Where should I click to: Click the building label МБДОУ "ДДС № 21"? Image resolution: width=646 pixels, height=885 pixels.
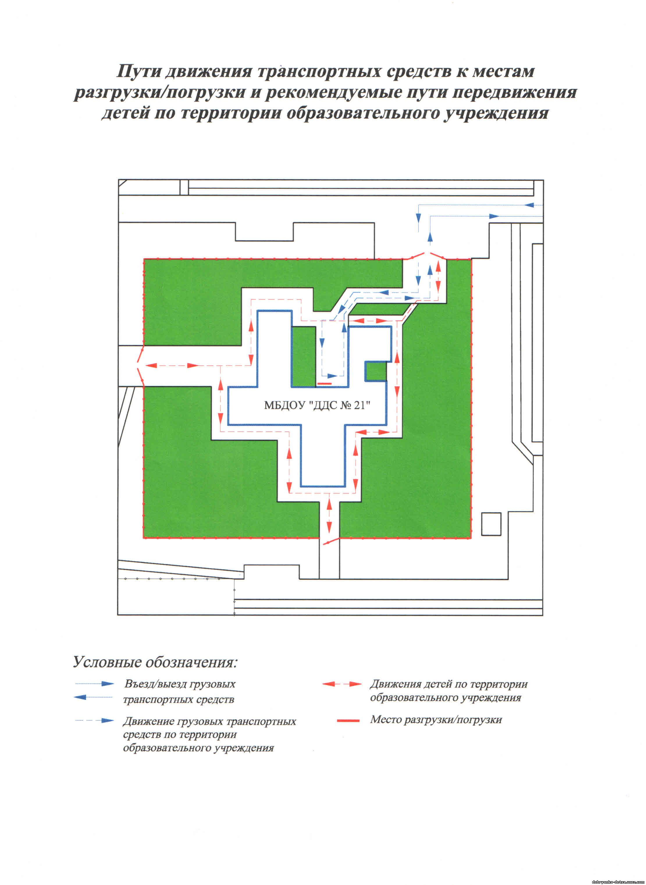[x=317, y=405]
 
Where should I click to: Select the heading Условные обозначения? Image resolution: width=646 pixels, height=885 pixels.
[x=156, y=662]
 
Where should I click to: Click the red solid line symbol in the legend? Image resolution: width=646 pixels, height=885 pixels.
[x=348, y=720]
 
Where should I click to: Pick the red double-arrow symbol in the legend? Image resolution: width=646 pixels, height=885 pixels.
[x=342, y=684]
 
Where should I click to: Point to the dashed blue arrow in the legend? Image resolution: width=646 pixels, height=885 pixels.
[x=94, y=720]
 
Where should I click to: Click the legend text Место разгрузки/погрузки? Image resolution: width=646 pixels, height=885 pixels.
[x=436, y=719]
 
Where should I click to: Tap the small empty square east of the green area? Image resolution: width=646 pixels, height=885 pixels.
[x=491, y=524]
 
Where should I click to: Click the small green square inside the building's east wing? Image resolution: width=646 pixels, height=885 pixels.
[x=376, y=371]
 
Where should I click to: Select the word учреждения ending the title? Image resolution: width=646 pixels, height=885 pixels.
[x=496, y=113]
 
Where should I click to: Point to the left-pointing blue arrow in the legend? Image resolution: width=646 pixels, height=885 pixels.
[x=93, y=697]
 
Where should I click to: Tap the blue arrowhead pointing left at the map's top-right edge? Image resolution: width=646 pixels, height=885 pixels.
[x=530, y=205]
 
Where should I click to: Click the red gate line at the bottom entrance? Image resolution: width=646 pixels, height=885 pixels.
[x=330, y=541]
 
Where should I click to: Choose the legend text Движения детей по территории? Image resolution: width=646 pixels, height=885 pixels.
[x=449, y=684]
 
